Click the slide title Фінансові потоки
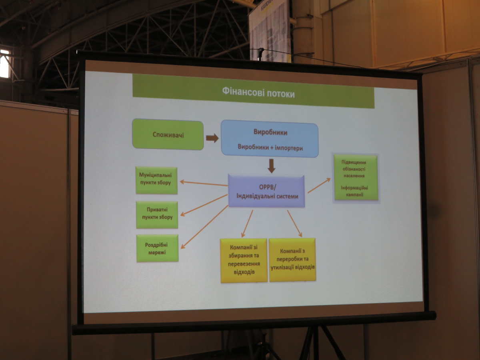pyautogui.click(x=258, y=94)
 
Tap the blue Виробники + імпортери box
pyautogui.click(x=270, y=139)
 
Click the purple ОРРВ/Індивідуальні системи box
pyautogui.click(x=266, y=191)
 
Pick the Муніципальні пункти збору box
pyautogui.click(x=156, y=180)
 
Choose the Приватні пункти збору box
pyautogui.click(x=157, y=214)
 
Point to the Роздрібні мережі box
pyautogui.click(x=157, y=248)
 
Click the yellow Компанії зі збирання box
pyautogui.click(x=244, y=260)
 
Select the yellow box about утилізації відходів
pyautogui.click(x=292, y=260)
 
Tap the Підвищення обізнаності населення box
pyautogui.click(x=356, y=178)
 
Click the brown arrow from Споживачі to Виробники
pyautogui.click(x=212, y=138)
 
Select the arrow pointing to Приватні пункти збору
pyautogui.click(x=204, y=205)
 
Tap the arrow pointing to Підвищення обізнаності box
pyautogui.click(x=319, y=186)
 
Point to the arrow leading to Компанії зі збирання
pyautogui.click(x=247, y=223)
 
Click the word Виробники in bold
pyautogui.click(x=270, y=132)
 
